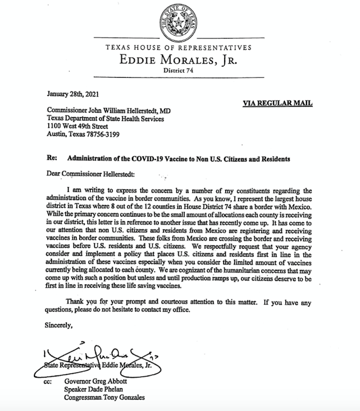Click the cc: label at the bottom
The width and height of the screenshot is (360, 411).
tap(50, 382)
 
